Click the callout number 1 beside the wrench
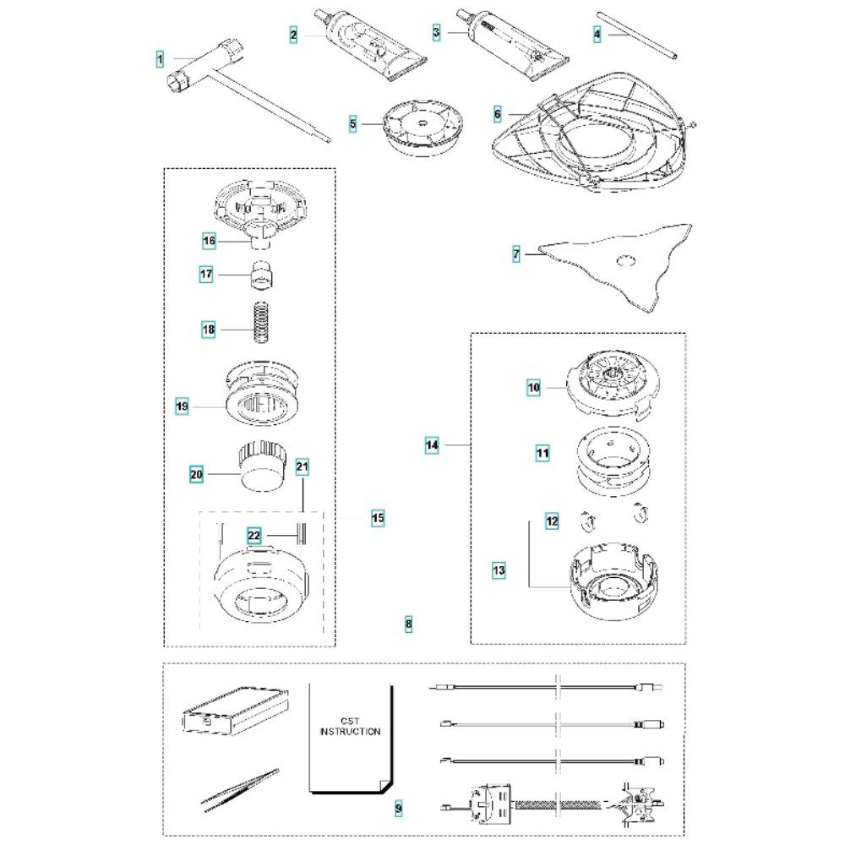(160, 59)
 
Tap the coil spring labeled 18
(261, 322)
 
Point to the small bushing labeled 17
(262, 274)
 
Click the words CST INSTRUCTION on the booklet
(351, 726)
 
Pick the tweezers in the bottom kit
(241, 788)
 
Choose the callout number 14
(432, 445)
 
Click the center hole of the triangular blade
(626, 261)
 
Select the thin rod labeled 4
(637, 35)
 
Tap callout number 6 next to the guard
(498, 114)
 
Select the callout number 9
(398, 809)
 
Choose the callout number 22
(253, 536)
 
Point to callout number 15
(379, 519)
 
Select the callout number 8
(408, 624)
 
